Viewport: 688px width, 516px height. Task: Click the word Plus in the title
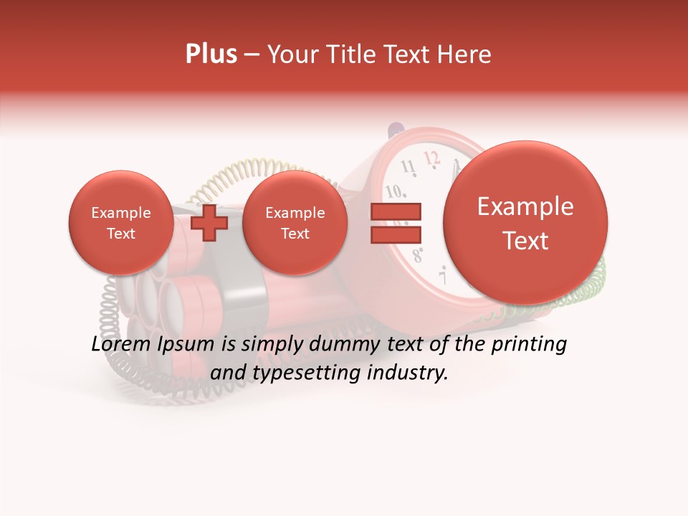point(211,54)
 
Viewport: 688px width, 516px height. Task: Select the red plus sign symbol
point(209,223)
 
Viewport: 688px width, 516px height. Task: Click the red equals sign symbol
point(396,223)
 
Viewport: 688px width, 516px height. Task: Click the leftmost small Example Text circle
point(120,223)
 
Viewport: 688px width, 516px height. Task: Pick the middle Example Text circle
point(295,223)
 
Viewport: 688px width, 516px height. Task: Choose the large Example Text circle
point(525,223)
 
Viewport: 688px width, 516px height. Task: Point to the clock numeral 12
point(431,158)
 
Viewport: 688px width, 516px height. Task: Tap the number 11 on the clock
point(408,168)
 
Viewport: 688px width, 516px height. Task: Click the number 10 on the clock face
point(394,192)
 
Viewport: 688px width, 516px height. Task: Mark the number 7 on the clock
point(443,275)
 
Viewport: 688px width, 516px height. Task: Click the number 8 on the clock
point(418,253)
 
